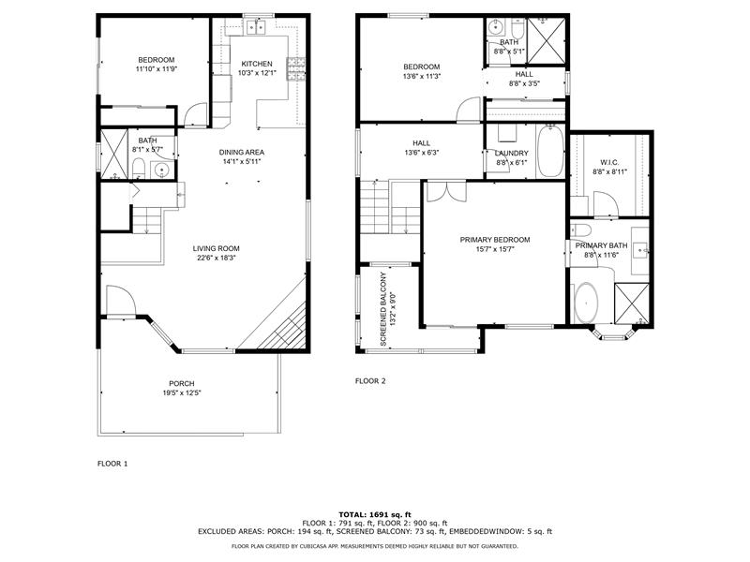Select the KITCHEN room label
click(x=256, y=64)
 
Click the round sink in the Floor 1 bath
click(x=159, y=170)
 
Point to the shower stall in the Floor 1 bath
click(x=115, y=147)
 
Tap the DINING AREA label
click(x=241, y=153)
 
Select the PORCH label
click(x=181, y=384)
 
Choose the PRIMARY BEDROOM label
click(x=494, y=240)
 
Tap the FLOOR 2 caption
click(x=369, y=381)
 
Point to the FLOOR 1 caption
click(x=112, y=464)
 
